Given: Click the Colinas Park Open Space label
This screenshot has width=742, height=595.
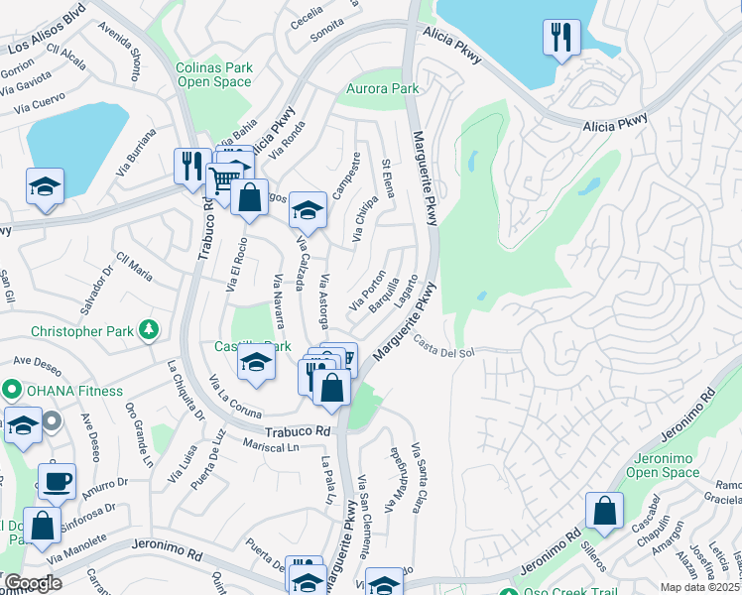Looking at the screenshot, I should (214, 74).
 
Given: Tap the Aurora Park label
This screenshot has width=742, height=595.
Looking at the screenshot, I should (382, 89).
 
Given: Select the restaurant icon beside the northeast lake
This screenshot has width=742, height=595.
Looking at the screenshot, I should (561, 39).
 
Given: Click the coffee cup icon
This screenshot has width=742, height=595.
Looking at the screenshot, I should (57, 482).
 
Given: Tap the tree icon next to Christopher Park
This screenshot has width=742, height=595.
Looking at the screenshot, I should (148, 329).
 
